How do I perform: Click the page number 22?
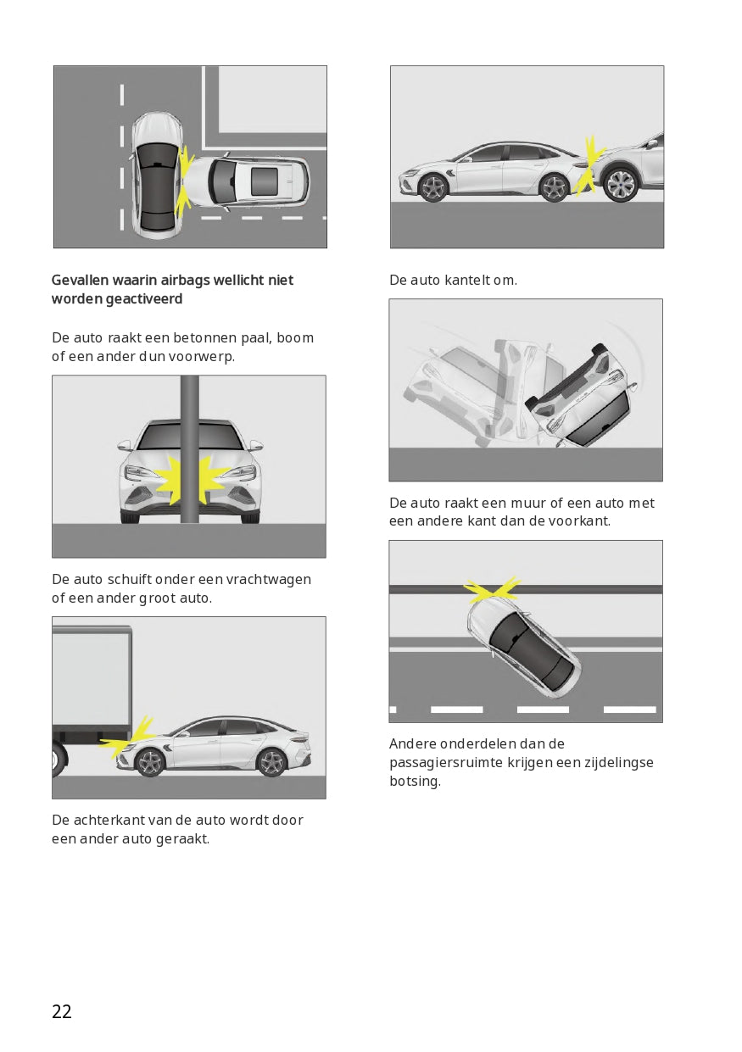(x=62, y=1011)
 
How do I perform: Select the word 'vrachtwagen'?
(x=268, y=580)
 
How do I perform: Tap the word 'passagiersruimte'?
(x=446, y=762)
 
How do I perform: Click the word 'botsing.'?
(x=415, y=781)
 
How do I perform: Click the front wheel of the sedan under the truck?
(x=149, y=762)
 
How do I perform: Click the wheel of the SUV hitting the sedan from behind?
(x=622, y=184)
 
